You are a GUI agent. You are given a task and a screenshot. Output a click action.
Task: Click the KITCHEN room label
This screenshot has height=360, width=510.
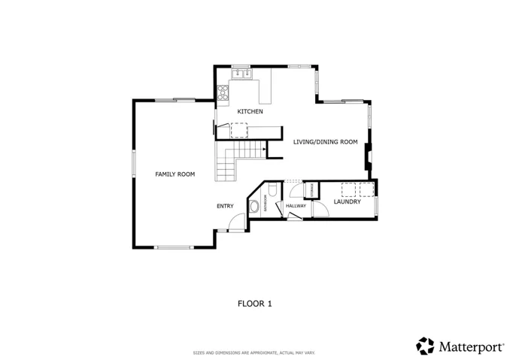point(250,112)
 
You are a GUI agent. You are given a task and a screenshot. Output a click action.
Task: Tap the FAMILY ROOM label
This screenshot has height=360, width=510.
point(175,174)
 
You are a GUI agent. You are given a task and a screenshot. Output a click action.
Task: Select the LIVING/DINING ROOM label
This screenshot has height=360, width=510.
point(325,141)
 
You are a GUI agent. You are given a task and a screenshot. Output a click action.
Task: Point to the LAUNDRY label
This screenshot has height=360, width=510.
point(347,201)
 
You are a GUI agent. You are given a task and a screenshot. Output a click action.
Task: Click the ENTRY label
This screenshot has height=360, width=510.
point(225,206)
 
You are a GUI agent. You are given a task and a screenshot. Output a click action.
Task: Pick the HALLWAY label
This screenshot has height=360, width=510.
point(296,205)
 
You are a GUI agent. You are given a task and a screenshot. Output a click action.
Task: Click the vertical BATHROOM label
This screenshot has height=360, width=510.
point(265,204)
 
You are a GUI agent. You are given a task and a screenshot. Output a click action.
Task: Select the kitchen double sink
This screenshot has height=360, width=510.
point(241,74)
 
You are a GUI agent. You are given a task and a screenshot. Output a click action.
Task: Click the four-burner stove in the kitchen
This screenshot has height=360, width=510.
point(223,92)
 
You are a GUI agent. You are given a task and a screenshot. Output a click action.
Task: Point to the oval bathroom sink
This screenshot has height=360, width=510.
point(254,205)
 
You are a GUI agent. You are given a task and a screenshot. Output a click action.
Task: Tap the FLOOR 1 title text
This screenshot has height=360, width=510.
point(254,304)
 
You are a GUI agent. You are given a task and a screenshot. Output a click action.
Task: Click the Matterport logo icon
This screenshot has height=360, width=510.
point(425,346)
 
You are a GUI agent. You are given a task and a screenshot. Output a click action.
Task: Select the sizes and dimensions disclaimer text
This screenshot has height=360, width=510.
point(254,352)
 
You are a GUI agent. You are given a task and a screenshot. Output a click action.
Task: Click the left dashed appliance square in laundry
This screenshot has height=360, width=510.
point(349,188)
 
